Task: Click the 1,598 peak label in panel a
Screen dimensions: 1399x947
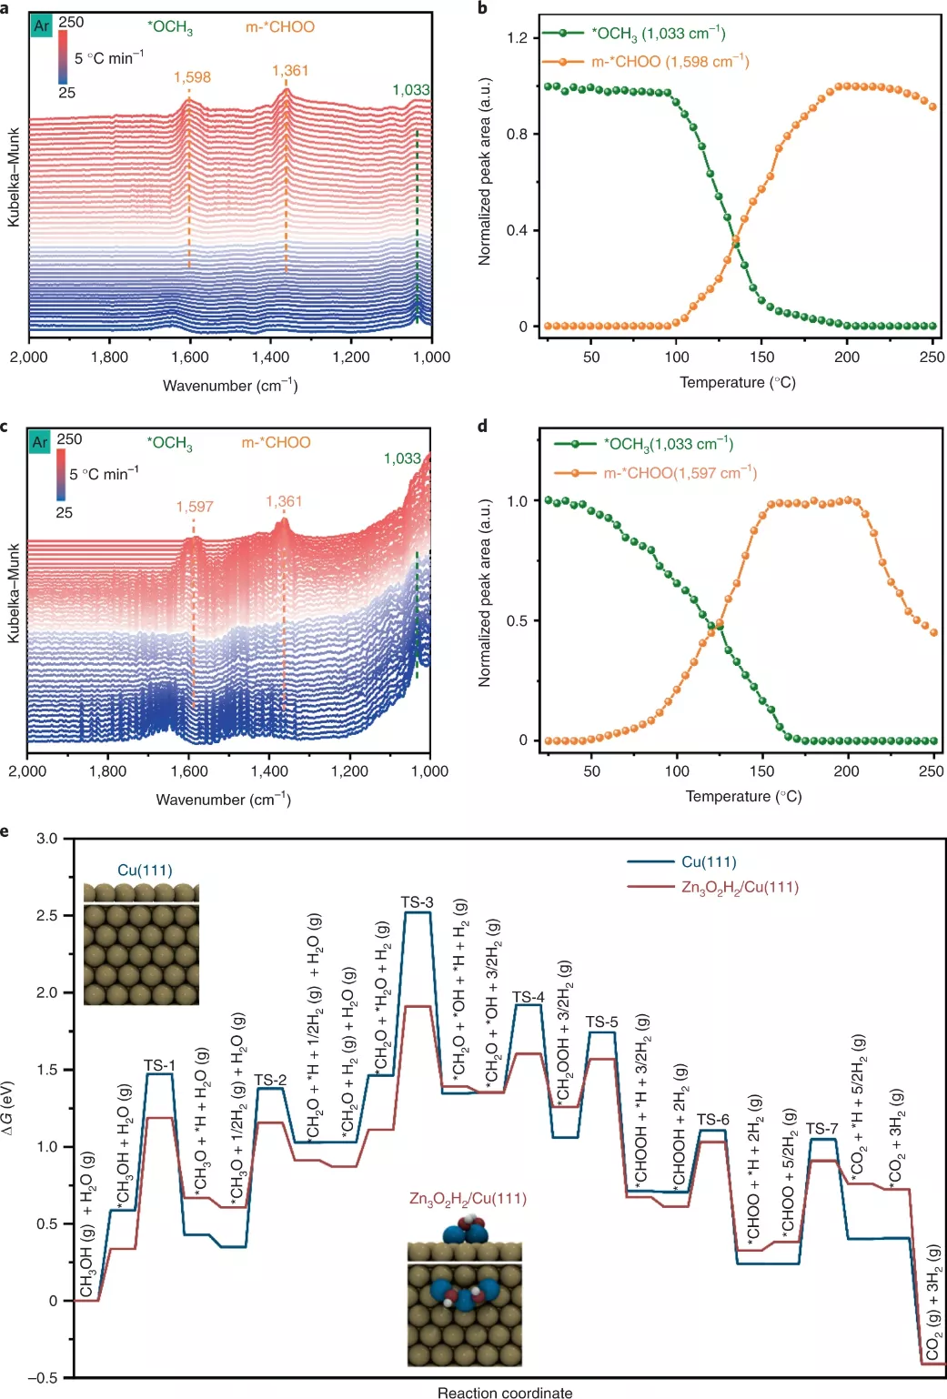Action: click(x=192, y=77)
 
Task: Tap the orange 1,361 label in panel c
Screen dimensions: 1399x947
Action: click(x=284, y=501)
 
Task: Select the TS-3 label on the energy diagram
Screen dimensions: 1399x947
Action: click(x=417, y=902)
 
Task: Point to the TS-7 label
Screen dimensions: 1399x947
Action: click(x=821, y=1129)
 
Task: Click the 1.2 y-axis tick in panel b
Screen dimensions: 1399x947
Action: click(x=517, y=38)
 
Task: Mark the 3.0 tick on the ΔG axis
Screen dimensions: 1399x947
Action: click(x=47, y=838)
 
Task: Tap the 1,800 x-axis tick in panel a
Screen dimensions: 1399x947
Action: click(x=109, y=357)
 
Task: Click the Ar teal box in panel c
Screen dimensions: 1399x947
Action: click(x=40, y=442)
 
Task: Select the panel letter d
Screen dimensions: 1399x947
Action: click(x=482, y=426)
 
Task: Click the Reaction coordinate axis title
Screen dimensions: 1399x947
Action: click(x=505, y=1392)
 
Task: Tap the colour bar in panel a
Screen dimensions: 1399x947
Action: click(x=63, y=57)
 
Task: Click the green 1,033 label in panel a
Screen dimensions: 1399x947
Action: click(x=410, y=90)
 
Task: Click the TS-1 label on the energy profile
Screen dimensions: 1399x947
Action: click(x=159, y=1065)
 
